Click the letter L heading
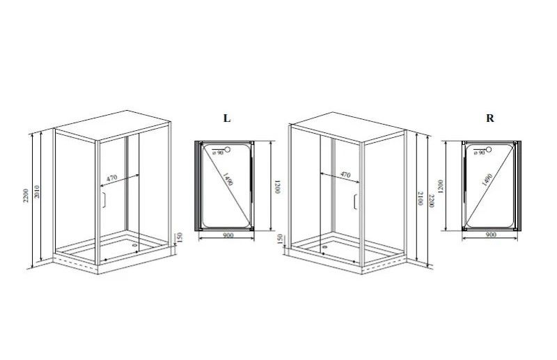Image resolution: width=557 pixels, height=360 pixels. pyautogui.click(x=227, y=118)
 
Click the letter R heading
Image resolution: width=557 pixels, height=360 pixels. pyautogui.click(x=490, y=118)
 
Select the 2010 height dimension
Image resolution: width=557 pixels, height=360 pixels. pyautogui.click(x=38, y=192)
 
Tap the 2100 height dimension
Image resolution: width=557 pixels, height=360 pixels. pyautogui.click(x=421, y=198)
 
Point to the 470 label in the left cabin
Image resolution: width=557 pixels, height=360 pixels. pyautogui.click(x=112, y=178)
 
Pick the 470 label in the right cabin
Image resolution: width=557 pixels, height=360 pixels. pyautogui.click(x=345, y=175)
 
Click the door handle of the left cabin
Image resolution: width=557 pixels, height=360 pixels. pyautogui.click(x=103, y=200)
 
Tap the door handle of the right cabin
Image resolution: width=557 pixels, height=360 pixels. pyautogui.click(x=355, y=202)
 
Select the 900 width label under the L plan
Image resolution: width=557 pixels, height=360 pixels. pyautogui.click(x=228, y=235)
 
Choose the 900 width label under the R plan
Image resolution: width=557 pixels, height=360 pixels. pyautogui.click(x=490, y=235)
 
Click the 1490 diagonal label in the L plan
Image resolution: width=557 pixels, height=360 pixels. pyautogui.click(x=228, y=179)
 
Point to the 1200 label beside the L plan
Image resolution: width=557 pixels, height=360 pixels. pyautogui.click(x=277, y=187)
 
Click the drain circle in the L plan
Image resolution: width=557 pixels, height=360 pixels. pyautogui.click(x=228, y=150)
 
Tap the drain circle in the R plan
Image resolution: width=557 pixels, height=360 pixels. pyautogui.click(x=489, y=150)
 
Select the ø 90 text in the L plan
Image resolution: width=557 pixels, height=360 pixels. pyautogui.click(x=218, y=152)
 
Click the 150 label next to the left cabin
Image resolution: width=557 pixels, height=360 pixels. pyautogui.click(x=180, y=237)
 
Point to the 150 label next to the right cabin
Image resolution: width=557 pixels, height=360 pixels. pyautogui.click(x=280, y=238)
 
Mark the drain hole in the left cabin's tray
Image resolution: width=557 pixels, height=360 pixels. pyautogui.click(x=134, y=245)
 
